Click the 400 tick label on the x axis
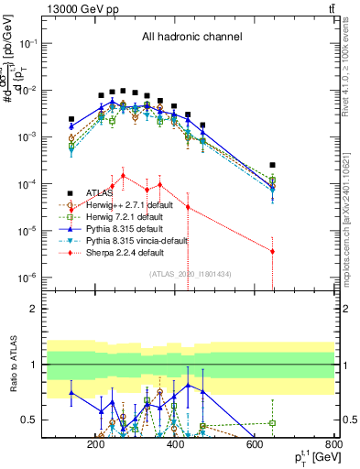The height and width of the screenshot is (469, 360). pos(175,445)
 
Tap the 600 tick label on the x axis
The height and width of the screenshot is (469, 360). pos(255,445)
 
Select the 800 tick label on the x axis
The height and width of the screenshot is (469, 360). pos(333,445)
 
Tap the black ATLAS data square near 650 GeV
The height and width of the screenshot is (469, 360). pos(272,166)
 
